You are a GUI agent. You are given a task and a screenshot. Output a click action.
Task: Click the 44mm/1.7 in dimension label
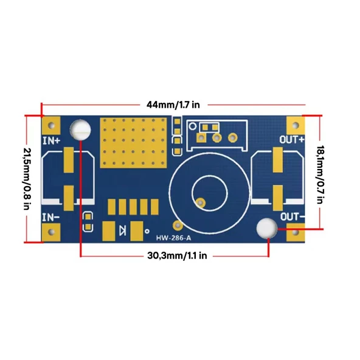[173, 104]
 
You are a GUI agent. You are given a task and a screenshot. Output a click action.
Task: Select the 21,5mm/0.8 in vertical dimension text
[26, 177]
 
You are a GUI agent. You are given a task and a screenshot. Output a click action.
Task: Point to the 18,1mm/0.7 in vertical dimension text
[320, 177]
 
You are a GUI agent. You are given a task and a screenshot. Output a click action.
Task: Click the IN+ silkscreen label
[51, 139]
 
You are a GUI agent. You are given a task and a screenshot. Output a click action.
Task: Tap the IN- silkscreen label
[50, 216]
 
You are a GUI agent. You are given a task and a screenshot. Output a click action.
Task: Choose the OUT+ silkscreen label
[292, 139]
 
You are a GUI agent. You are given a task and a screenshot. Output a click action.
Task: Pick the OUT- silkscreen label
[292, 216]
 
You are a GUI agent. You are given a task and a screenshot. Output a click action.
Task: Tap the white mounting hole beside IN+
[81, 130]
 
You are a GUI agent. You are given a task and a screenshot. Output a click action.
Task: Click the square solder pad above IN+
[52, 126]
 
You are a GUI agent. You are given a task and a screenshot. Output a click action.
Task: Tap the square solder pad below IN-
[52, 230]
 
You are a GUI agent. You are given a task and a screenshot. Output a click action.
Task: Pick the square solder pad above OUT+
[295, 126]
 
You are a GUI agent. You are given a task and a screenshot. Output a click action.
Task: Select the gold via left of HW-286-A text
[175, 223]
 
